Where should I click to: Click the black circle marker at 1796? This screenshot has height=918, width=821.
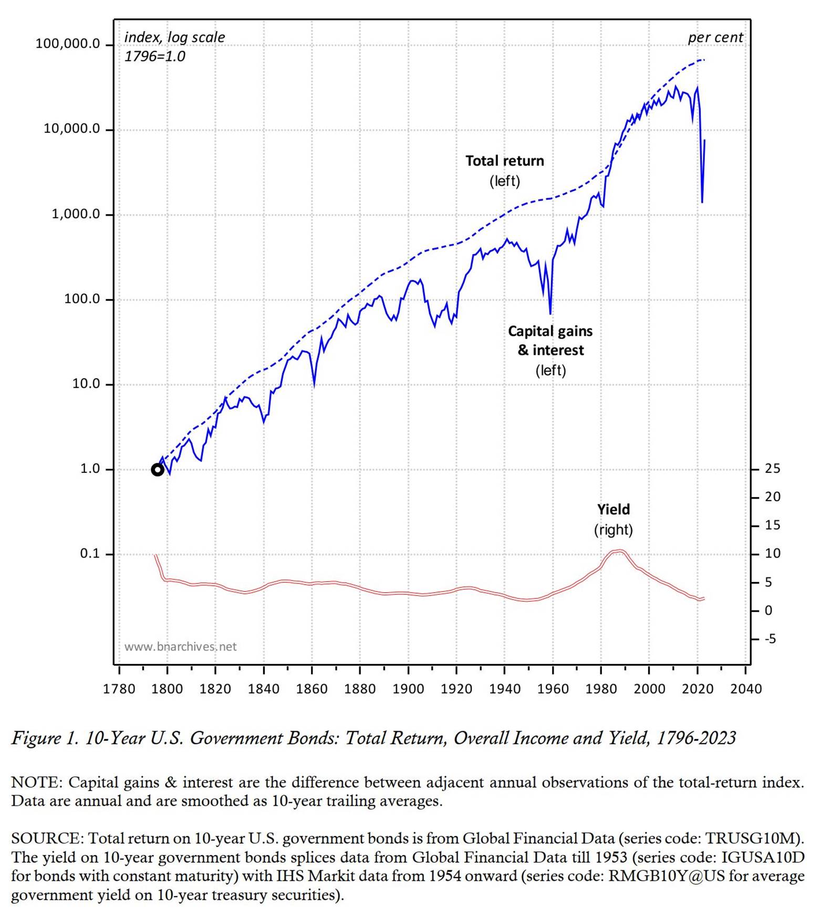coord(157,470)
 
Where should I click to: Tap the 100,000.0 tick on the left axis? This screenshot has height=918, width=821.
coord(67,44)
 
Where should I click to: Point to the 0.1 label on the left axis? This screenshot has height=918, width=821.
coord(89,554)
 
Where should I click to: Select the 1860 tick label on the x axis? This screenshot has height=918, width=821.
coord(311,689)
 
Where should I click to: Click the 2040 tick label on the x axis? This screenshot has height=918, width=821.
coord(745,689)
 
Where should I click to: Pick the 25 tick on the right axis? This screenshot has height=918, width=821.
coord(772,469)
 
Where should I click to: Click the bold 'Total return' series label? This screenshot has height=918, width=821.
coord(504,161)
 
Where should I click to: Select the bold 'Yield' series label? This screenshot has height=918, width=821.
coord(613,510)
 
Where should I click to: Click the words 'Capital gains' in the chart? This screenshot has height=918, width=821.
coord(550,331)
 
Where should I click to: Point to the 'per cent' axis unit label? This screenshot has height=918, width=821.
coord(715,38)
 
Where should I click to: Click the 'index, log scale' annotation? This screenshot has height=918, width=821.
coord(174,38)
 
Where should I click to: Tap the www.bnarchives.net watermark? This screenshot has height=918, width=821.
coord(180,647)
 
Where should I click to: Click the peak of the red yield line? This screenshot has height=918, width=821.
coord(620,551)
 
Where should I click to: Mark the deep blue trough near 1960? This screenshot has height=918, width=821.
coord(550,313)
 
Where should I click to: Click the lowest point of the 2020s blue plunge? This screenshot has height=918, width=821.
coord(702,202)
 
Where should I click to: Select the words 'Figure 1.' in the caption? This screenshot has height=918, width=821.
coord(45,738)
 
